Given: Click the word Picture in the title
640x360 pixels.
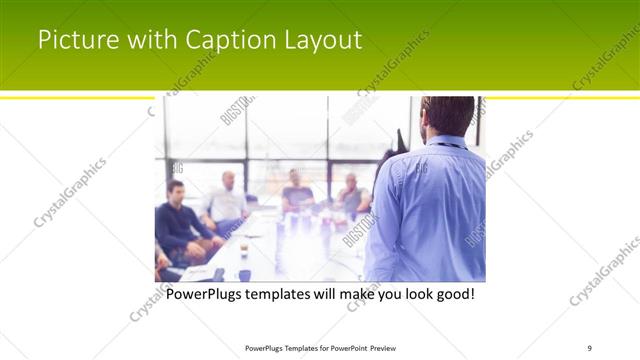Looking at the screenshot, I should click(x=72, y=41).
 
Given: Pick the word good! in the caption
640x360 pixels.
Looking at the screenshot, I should click(x=451, y=296).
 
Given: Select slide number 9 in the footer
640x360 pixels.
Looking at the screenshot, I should click(x=590, y=347).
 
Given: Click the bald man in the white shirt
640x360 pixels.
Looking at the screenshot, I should click(x=227, y=200).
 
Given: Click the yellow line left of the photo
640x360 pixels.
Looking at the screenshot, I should click(x=80, y=98).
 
